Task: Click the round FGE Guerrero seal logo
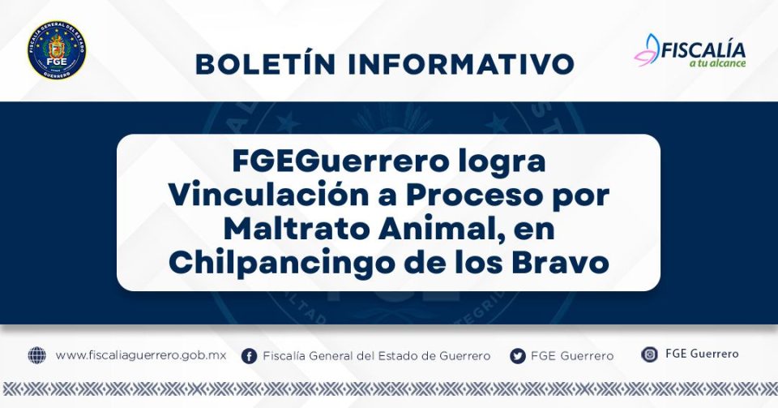tap(57, 50)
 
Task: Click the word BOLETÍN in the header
tap(266, 64)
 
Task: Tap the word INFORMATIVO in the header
tap(461, 64)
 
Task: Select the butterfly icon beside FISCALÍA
tap(647, 50)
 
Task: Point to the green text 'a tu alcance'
tap(717, 63)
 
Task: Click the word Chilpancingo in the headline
tap(281, 264)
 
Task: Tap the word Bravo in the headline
tap(560, 263)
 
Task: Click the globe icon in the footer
tap(36, 355)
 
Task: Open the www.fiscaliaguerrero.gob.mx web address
tap(141, 355)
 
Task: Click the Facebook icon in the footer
tap(249, 356)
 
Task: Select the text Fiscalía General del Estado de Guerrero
tap(377, 356)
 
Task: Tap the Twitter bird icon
tap(518, 356)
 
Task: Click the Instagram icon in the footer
tap(649, 354)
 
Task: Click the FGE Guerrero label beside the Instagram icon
tap(702, 354)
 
